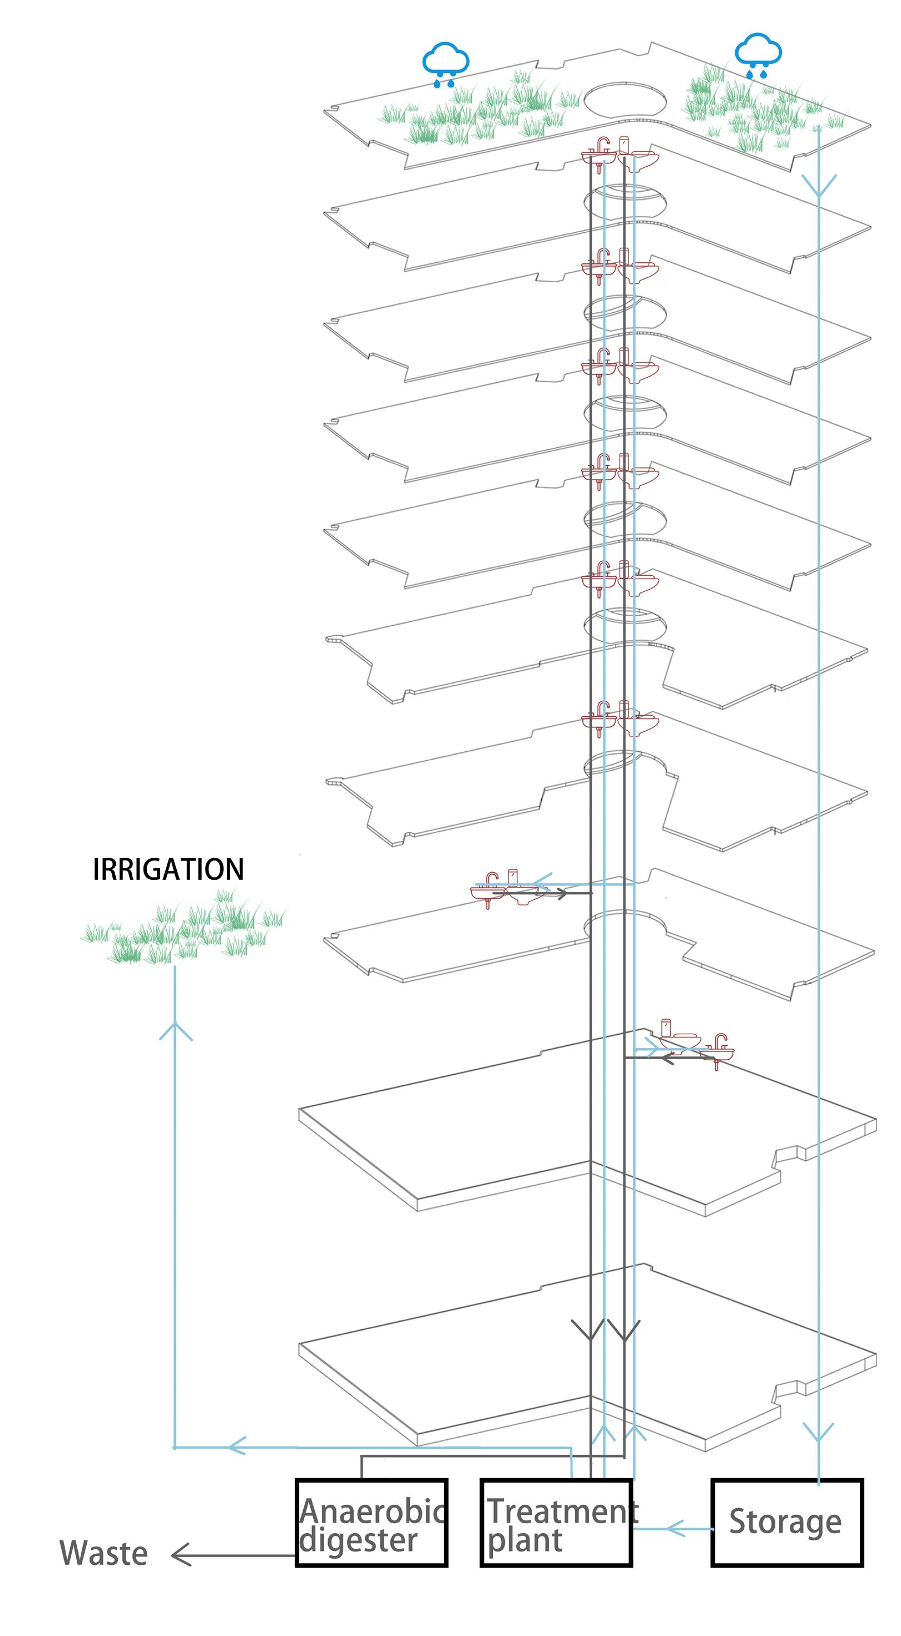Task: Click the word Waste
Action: (103, 1553)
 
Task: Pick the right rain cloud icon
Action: (758, 56)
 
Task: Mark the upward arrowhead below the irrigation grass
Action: (175, 1031)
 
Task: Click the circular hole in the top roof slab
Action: (625, 101)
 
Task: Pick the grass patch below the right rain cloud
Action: (756, 108)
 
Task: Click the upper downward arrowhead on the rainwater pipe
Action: (818, 186)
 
